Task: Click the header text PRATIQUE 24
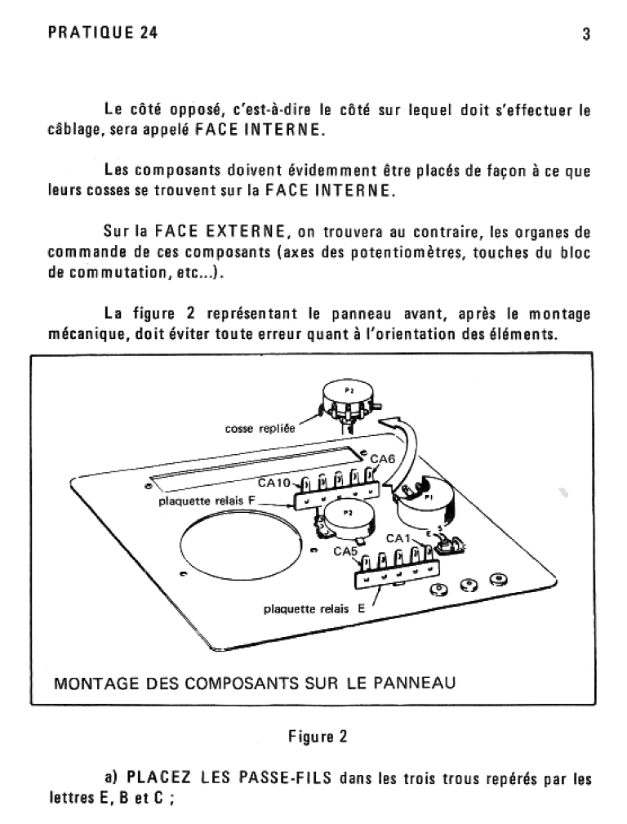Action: tap(103, 33)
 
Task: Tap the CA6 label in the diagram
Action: tap(382, 460)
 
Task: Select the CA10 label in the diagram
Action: tap(274, 483)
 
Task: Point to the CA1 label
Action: tap(398, 538)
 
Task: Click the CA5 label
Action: tap(345, 551)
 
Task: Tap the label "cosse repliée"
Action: tap(260, 428)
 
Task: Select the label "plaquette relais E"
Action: tap(313, 608)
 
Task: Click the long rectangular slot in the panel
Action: tap(253, 468)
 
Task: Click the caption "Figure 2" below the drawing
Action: tap(318, 737)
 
